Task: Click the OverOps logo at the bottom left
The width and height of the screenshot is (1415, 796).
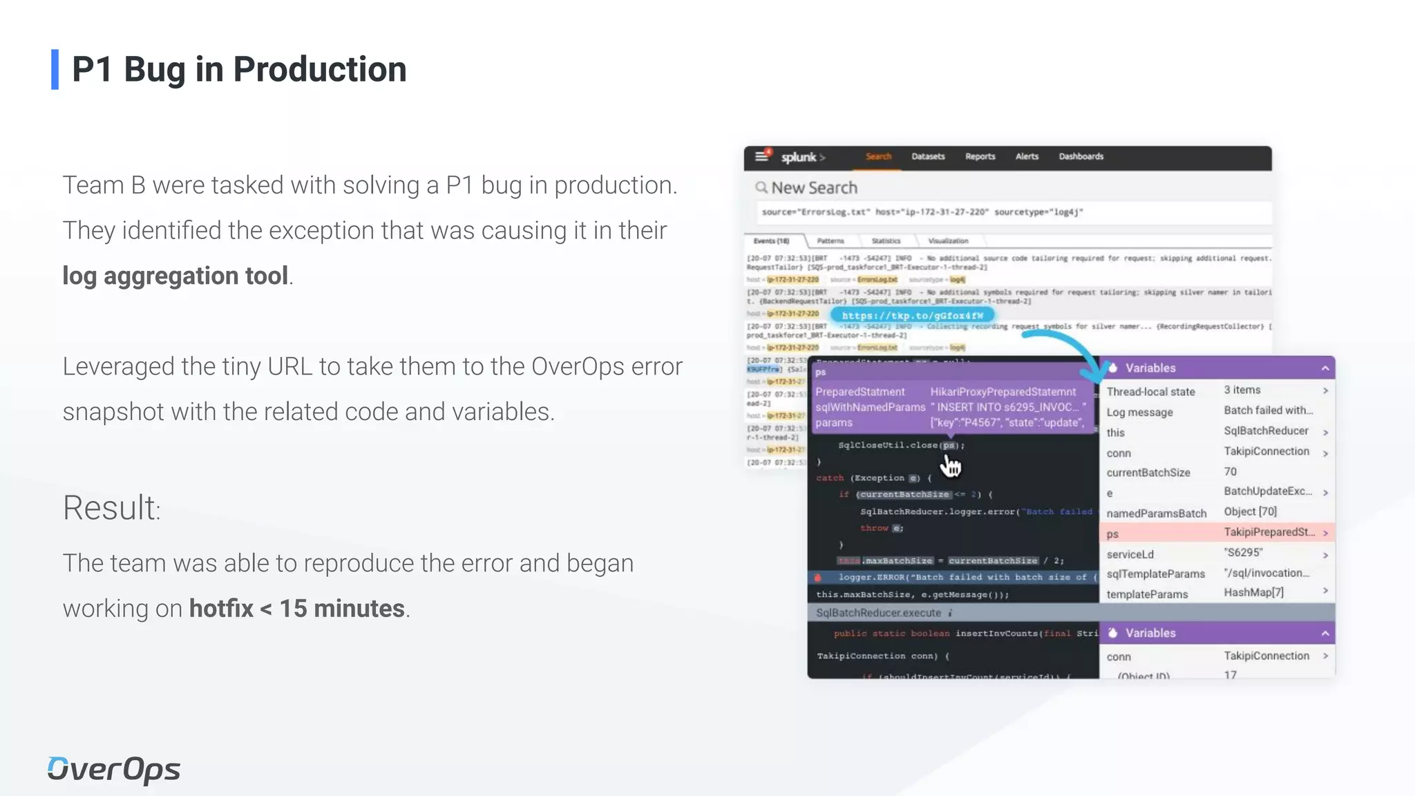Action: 114,770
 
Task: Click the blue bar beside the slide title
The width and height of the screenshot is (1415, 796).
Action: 55,69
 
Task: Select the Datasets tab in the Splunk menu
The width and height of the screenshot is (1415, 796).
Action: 927,157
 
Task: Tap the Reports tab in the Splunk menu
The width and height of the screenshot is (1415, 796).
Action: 980,157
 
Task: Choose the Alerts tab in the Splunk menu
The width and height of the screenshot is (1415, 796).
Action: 1027,157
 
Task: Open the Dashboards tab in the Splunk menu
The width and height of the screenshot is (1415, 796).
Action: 1081,157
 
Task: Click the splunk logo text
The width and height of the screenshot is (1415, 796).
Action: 799,158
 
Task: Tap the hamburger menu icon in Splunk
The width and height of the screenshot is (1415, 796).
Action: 761,156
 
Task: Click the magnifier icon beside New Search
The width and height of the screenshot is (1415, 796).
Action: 761,187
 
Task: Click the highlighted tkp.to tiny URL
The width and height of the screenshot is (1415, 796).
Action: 912,316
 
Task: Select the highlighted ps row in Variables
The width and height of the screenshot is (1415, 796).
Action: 1216,533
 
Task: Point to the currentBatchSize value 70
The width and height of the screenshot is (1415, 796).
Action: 1231,472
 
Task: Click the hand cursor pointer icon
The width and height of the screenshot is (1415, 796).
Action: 951,466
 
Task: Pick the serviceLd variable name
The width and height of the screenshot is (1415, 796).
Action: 1130,554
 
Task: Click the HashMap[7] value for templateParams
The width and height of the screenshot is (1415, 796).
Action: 1253,593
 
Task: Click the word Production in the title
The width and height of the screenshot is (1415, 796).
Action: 319,70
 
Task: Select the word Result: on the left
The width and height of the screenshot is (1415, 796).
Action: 111,508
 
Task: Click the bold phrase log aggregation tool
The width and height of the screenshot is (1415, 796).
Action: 175,276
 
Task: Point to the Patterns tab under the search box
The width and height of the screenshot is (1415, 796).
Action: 830,241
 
